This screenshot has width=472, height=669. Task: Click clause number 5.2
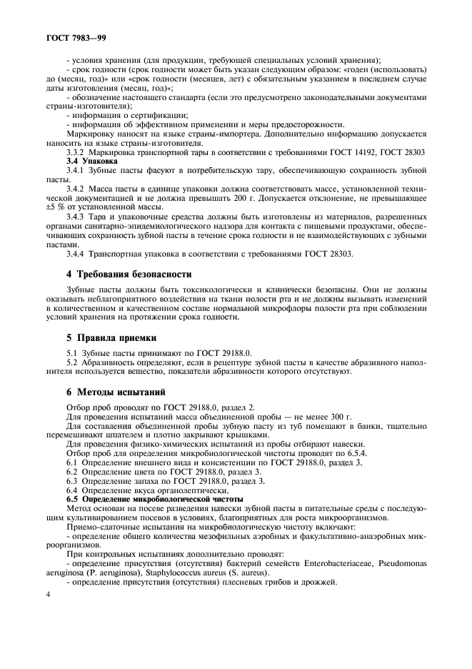[71, 362]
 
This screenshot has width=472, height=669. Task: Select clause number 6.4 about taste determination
[71, 490]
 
